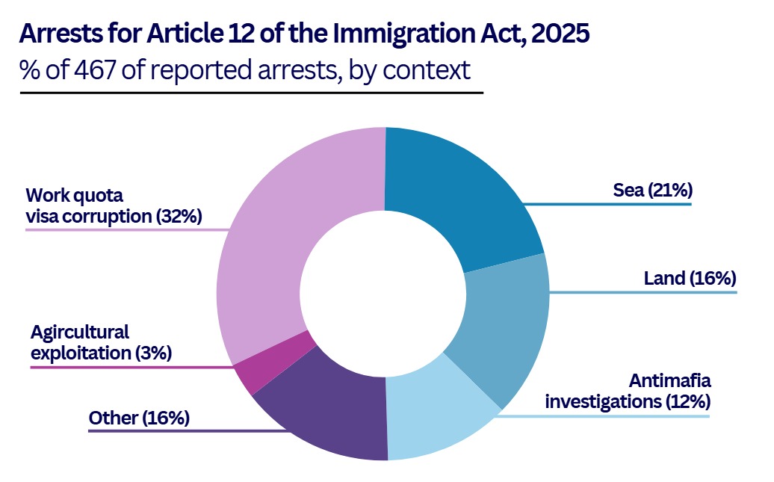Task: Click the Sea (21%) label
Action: click(x=652, y=191)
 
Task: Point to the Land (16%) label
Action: click(x=690, y=279)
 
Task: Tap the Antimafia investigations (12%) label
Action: click(x=627, y=391)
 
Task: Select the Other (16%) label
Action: click(x=139, y=418)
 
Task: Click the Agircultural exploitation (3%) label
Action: click(x=101, y=342)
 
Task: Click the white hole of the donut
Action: click(x=383, y=294)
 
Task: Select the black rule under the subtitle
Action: click(x=252, y=93)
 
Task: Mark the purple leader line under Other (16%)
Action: click(x=187, y=431)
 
